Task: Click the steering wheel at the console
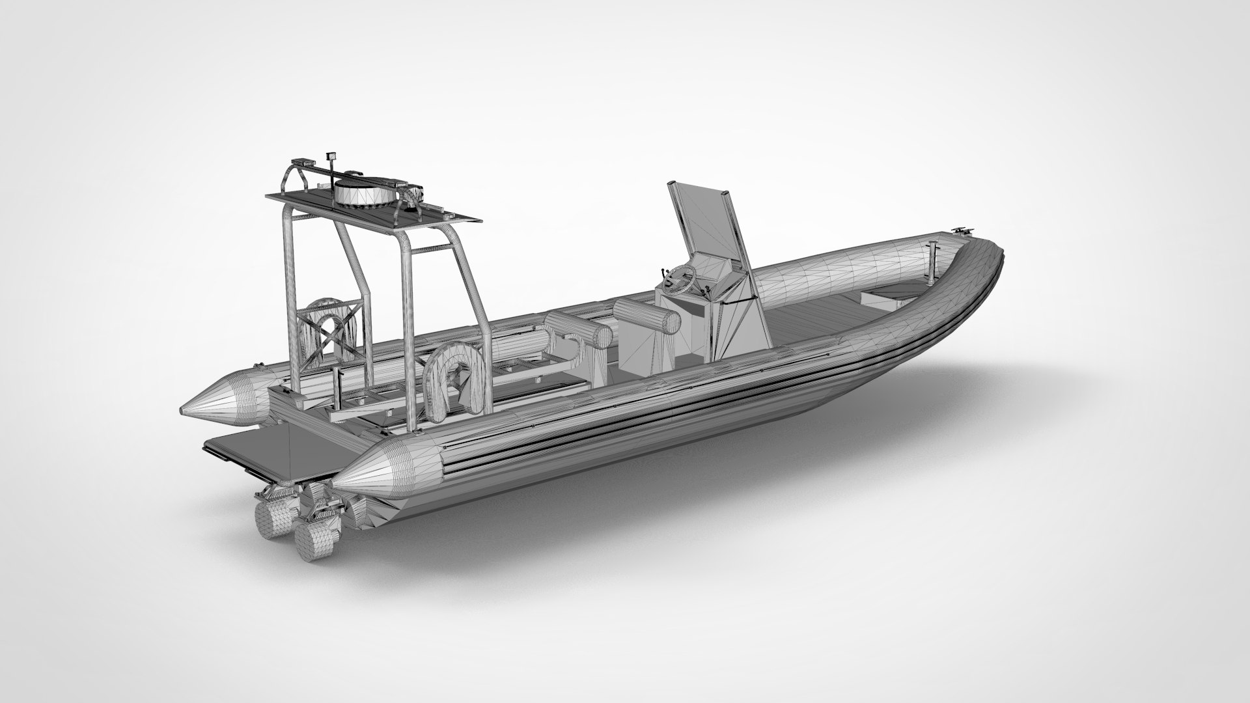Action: coord(680,279)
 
